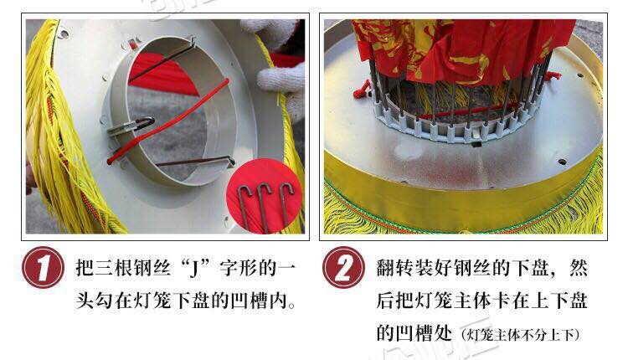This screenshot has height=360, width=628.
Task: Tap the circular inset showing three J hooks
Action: pyautogui.click(x=265, y=197)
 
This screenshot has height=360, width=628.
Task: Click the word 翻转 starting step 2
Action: pyautogui.click(x=392, y=270)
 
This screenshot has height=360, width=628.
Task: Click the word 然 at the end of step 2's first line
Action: pyautogui.click(x=578, y=270)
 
